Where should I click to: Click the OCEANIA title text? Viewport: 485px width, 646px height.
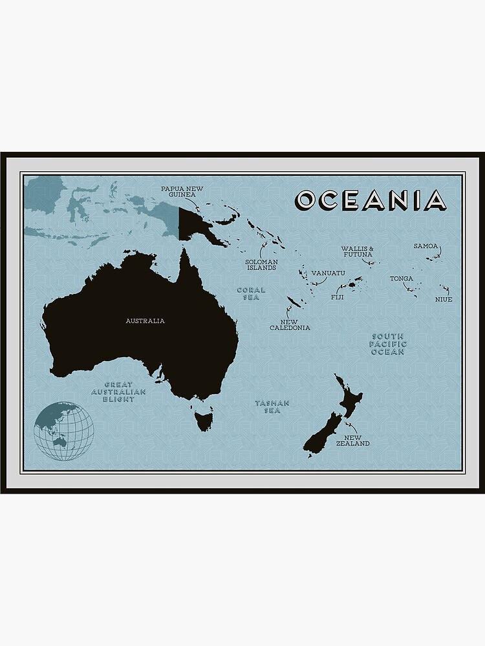coord(371,200)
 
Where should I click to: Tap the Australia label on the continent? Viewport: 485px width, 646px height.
coord(145,320)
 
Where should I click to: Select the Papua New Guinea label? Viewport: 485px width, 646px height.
coord(182,191)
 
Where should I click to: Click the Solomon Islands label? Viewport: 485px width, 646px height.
coord(261,264)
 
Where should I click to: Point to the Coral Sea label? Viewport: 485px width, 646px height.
coord(251,294)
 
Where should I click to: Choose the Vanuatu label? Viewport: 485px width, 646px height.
coord(328,273)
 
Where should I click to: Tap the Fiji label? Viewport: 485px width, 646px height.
coord(337,297)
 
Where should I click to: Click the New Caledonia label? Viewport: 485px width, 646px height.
coord(290,324)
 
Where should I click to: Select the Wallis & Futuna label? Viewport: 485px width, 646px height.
coord(357,251)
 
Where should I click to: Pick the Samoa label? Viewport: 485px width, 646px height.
coord(426,246)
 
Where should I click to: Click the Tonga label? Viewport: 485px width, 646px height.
coord(401,279)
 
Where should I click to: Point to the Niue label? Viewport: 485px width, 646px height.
coord(444,299)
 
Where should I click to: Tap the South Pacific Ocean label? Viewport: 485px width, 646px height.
coord(387,344)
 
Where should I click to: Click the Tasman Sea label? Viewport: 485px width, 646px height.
coord(272,406)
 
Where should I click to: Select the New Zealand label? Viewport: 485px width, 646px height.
coord(352,440)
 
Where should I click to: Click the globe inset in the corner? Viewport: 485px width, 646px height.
coord(63,431)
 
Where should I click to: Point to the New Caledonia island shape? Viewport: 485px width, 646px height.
coord(294,303)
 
